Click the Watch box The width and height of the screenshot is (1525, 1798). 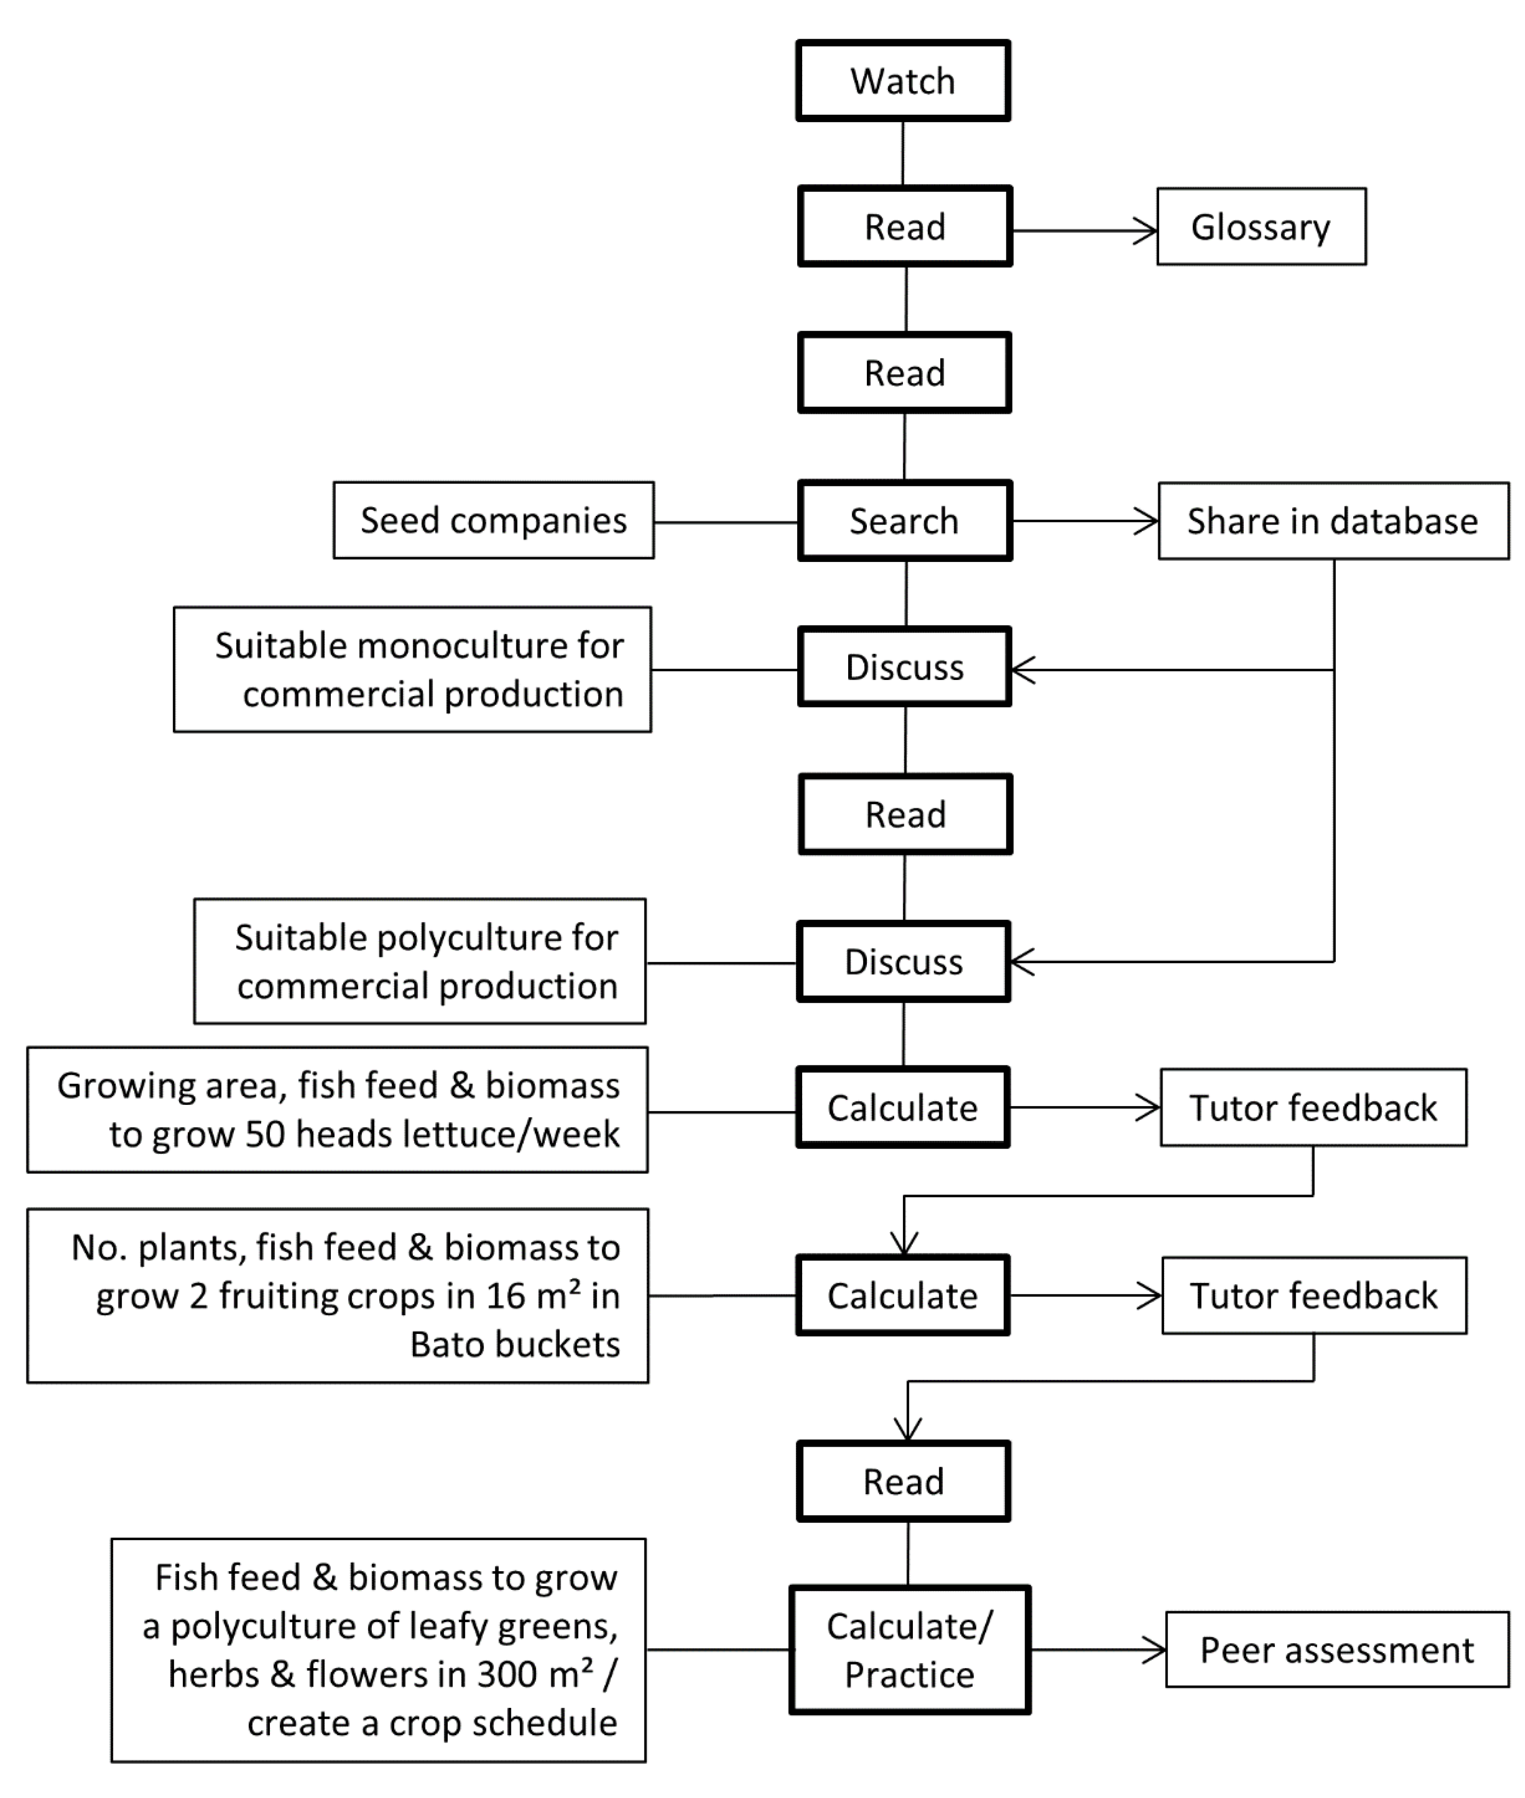click(x=902, y=80)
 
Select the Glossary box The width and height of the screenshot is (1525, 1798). click(x=1261, y=226)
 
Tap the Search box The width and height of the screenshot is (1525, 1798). click(x=904, y=521)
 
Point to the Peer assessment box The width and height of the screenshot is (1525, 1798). click(x=1336, y=1650)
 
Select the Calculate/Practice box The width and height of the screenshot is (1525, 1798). click(x=909, y=1650)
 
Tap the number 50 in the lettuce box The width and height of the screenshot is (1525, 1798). click(x=264, y=1134)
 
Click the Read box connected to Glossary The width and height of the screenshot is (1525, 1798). click(x=904, y=226)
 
